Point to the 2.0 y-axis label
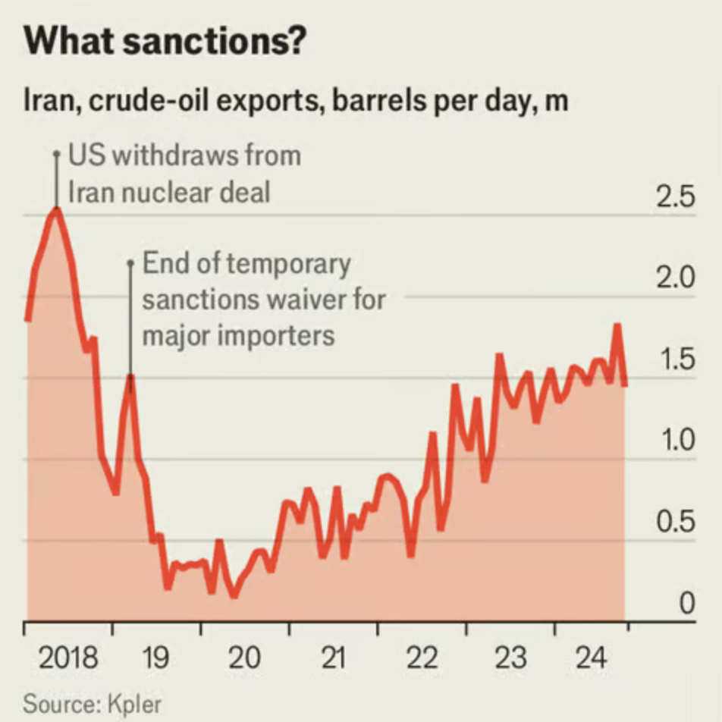click(x=674, y=278)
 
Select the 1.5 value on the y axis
click(x=674, y=359)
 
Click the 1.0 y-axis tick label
click(x=674, y=441)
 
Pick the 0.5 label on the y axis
click(x=674, y=523)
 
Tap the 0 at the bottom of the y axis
click(x=686, y=604)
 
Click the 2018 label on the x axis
click(x=67, y=658)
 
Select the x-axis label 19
click(x=155, y=658)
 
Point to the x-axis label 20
click(x=244, y=658)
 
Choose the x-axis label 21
click(x=333, y=658)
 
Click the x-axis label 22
click(x=422, y=658)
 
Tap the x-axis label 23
click(x=510, y=658)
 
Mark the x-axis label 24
click(x=592, y=658)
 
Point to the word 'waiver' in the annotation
click(x=305, y=300)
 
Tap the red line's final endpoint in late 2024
click(x=625, y=385)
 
